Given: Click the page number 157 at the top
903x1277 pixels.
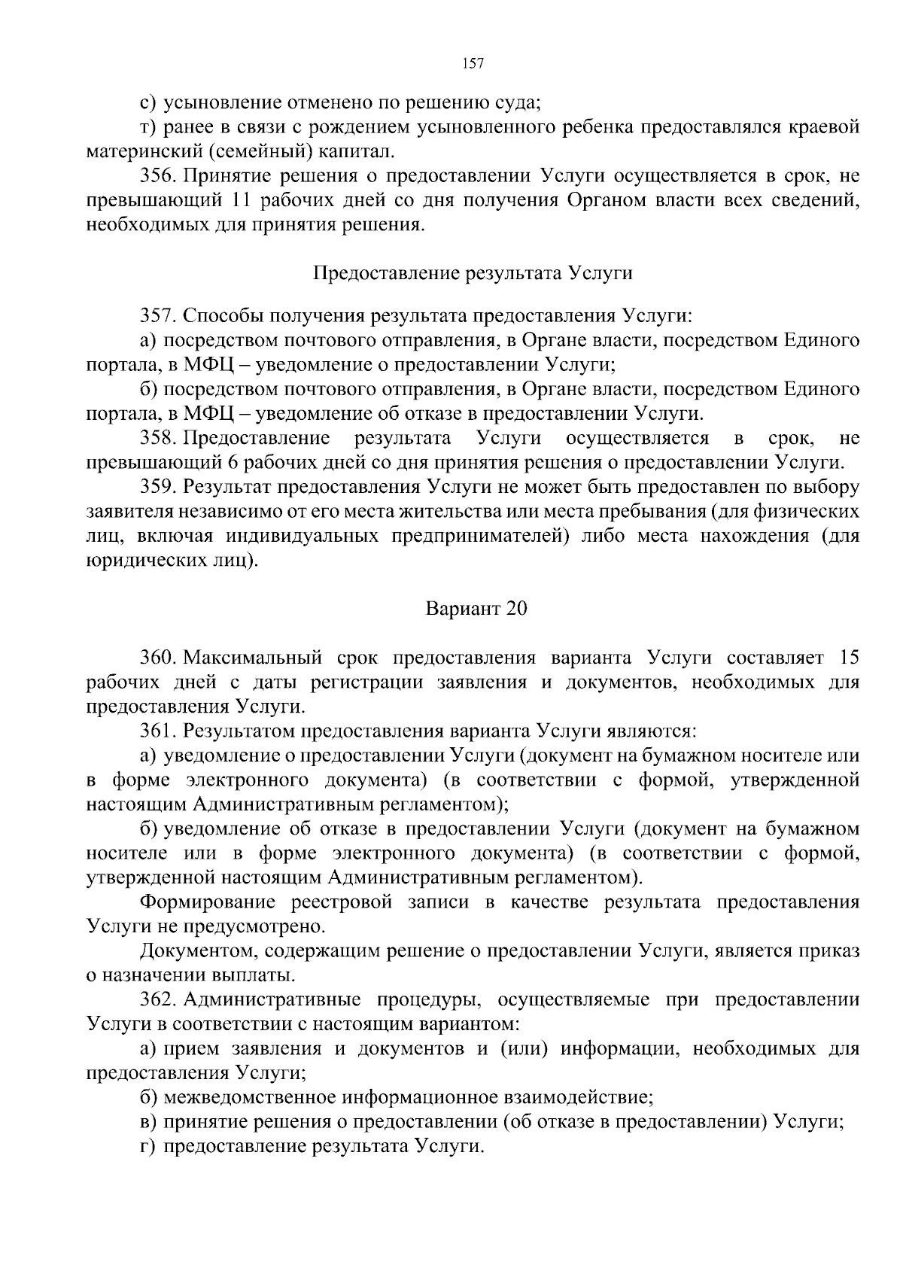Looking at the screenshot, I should [473, 63].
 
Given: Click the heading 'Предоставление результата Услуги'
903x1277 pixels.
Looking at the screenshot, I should [473, 273].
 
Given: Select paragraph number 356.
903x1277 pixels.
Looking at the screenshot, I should [158, 177].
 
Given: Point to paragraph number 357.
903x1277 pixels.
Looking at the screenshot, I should [158, 316].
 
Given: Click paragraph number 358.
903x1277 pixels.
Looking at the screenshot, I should [158, 438].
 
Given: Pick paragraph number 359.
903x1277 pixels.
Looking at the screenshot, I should [158, 487].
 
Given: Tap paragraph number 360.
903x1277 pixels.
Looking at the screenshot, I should [158, 658].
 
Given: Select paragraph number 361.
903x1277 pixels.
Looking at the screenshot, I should [158, 731].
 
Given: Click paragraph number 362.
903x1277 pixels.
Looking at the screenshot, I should [158, 1000].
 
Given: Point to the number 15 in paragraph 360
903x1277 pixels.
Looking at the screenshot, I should [848, 658].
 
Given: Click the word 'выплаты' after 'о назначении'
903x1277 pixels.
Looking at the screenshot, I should [251, 976].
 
